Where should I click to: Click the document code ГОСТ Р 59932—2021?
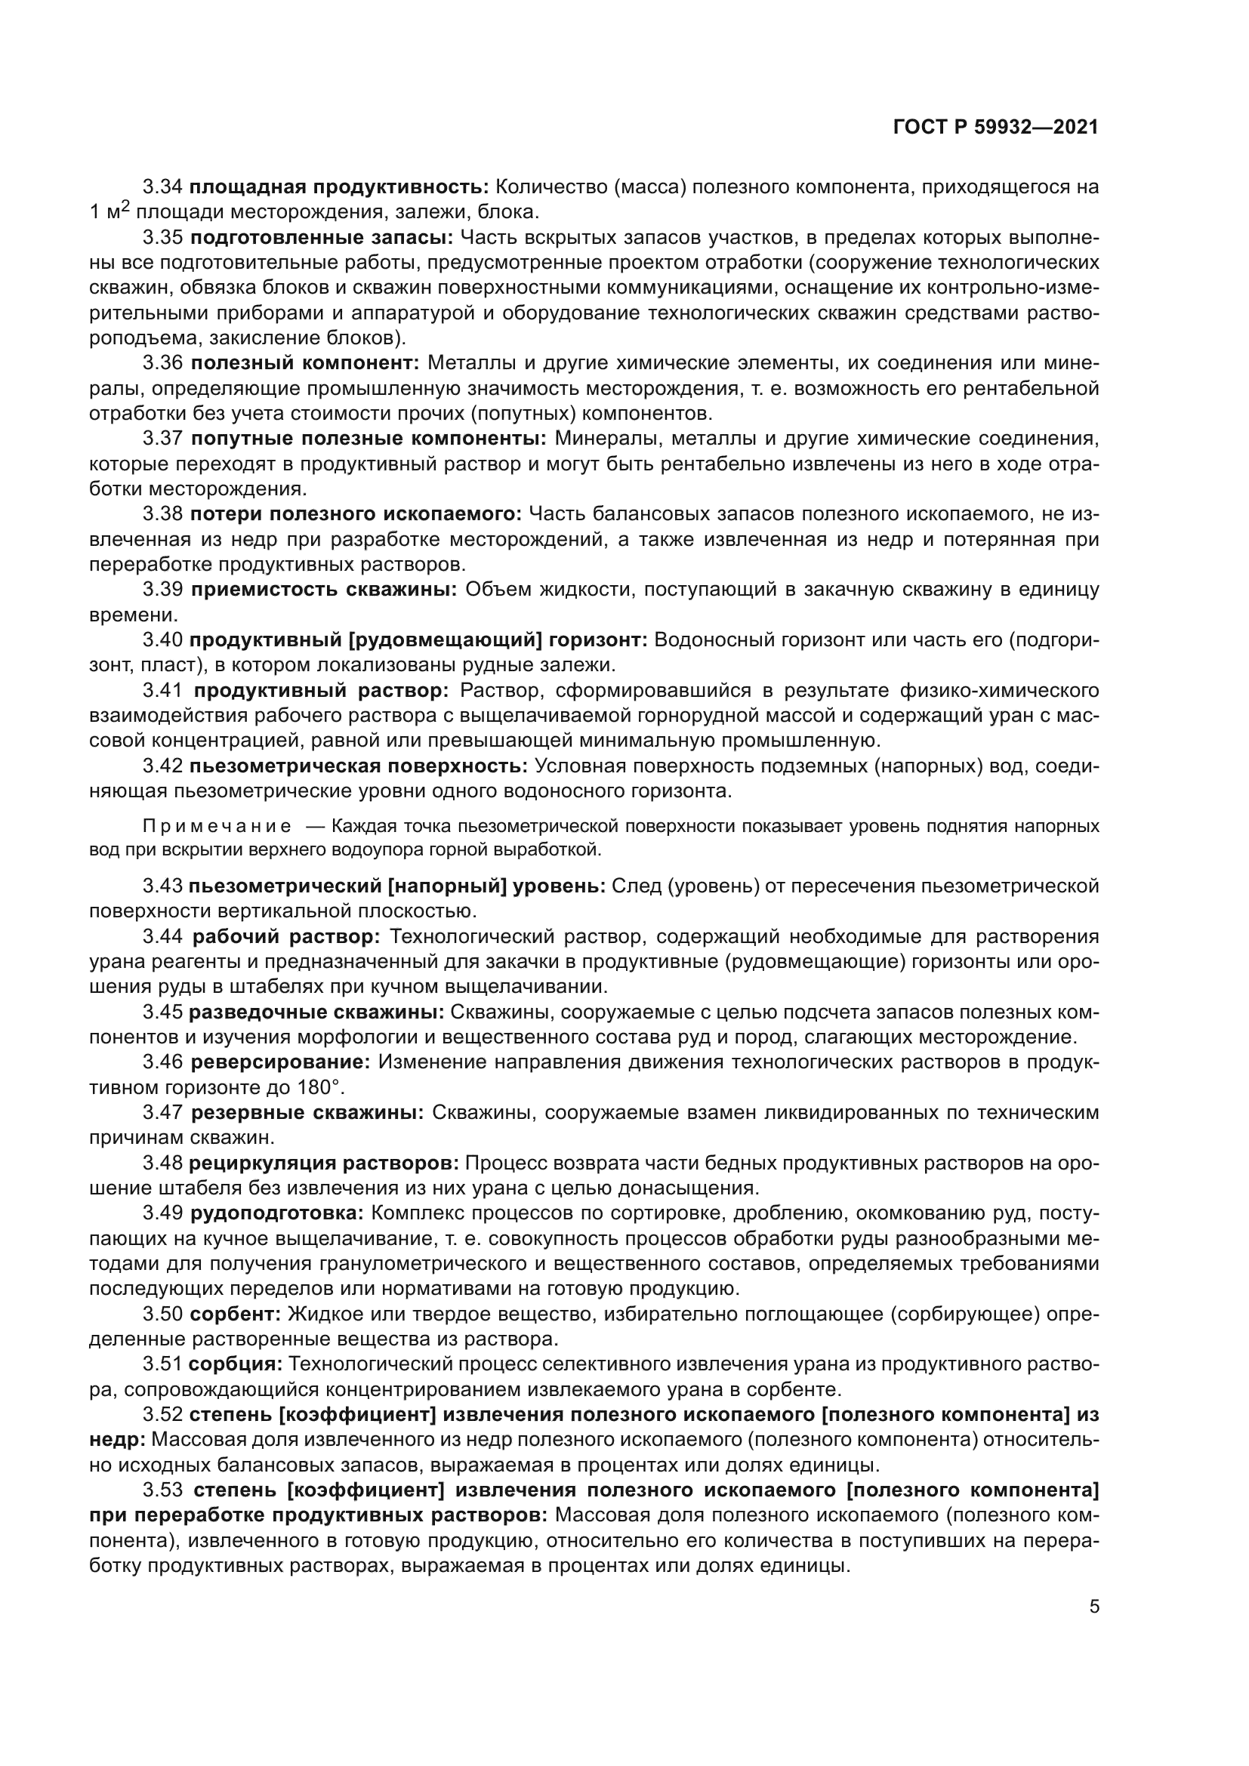pos(995,128)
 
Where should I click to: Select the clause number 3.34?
pos(162,187)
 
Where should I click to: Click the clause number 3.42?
pos(162,766)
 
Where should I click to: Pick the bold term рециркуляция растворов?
pos(324,1163)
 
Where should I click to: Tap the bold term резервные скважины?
pos(307,1112)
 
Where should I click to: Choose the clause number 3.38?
pos(162,514)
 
